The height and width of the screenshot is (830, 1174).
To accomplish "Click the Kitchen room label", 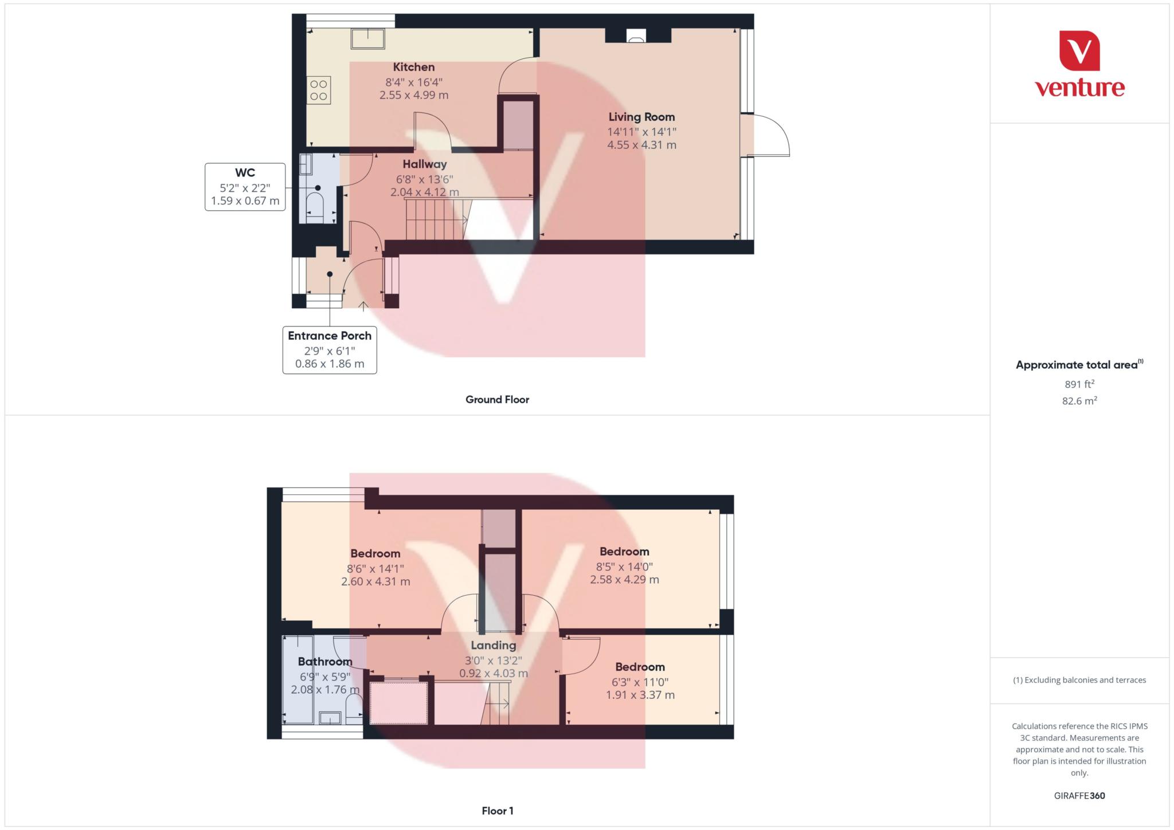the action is (x=414, y=67).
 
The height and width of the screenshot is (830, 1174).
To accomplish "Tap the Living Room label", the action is (x=641, y=117).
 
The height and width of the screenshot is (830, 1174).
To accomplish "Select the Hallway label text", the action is (x=424, y=164).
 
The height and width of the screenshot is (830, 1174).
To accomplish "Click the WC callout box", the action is (x=245, y=187).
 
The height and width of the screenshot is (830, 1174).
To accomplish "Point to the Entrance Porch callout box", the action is (x=330, y=350).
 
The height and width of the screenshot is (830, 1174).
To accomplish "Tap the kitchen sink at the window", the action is (x=367, y=38).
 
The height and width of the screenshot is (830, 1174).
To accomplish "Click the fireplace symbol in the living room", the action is (x=636, y=36).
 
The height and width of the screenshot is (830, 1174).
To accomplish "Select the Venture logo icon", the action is (x=1079, y=50).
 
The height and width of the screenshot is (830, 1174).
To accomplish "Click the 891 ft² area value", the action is (x=1079, y=384).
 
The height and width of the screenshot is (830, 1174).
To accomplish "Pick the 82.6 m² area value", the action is (x=1079, y=401).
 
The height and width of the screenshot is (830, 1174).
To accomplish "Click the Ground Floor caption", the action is (x=497, y=400).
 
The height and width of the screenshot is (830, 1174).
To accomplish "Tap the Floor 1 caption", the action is (x=498, y=811).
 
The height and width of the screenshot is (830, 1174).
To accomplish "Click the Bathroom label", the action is (x=325, y=662).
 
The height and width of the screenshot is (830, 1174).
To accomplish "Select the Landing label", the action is (x=494, y=646).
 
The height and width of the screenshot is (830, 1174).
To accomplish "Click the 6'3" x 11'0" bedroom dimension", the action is (x=640, y=682).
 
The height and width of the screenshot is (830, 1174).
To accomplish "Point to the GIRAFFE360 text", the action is (x=1079, y=796).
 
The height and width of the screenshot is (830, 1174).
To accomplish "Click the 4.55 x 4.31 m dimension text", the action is (x=641, y=145).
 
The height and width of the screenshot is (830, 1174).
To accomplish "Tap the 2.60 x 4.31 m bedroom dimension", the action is (x=375, y=581).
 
